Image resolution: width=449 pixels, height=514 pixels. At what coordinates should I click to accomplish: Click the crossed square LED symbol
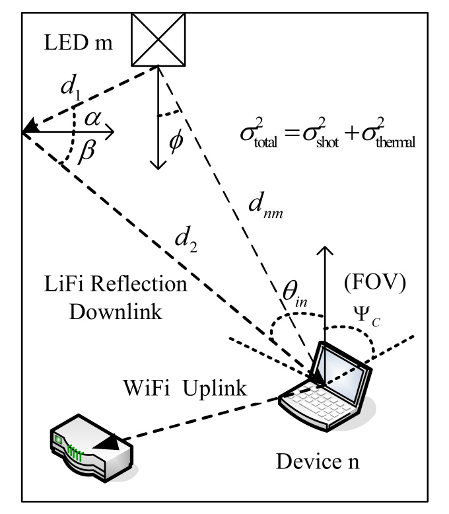(158, 40)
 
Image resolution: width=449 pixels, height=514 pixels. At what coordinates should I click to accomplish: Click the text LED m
(78, 43)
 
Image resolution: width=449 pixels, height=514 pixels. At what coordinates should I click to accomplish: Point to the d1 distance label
(71, 87)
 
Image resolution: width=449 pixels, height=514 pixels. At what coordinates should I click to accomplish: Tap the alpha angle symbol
(92, 119)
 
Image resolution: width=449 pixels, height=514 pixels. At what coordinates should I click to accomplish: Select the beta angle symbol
(86, 151)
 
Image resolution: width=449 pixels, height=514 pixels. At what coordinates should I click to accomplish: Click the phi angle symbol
(176, 140)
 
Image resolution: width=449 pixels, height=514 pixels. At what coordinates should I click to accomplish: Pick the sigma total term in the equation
(259, 133)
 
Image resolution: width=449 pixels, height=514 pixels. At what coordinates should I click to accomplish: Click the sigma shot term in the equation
(320, 133)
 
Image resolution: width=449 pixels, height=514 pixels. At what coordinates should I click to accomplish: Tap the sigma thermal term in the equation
(388, 133)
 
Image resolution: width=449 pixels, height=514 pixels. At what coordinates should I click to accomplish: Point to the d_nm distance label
(265, 205)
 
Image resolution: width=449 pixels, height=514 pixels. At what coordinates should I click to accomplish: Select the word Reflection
(139, 283)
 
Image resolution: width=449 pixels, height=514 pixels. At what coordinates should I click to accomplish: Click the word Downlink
(116, 312)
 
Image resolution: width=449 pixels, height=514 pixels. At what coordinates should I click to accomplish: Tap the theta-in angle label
(294, 293)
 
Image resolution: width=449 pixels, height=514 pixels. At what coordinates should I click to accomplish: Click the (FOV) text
(375, 283)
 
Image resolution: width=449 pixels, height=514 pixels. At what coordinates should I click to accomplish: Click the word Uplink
(215, 389)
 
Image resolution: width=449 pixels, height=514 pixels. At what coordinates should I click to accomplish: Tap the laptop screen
(342, 373)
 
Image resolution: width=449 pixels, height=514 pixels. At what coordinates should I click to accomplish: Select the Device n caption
(318, 462)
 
